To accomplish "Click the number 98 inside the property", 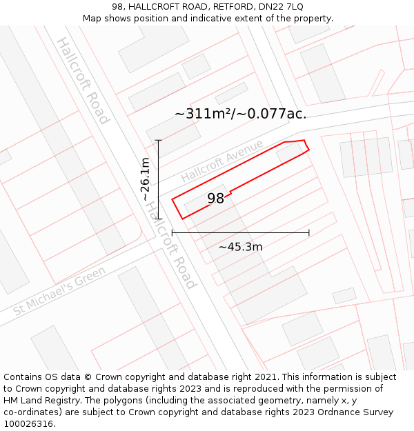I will (x=216, y=199).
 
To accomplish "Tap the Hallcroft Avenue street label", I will (x=222, y=161).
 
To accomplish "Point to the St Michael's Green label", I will (x=59, y=291).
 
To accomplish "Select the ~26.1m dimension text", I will (x=145, y=179).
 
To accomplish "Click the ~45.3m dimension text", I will (x=240, y=247).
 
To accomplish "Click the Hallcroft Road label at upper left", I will (x=82, y=81).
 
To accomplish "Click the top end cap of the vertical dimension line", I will (x=159, y=141).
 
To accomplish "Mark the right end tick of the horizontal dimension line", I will (x=308, y=233).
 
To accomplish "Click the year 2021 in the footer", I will (x=266, y=377).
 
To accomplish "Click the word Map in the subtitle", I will (x=93, y=18).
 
